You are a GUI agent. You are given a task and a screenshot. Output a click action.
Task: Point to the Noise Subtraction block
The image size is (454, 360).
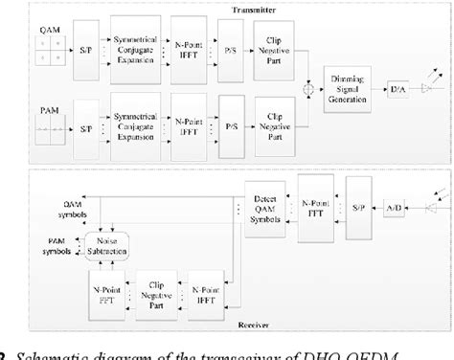tap(107, 250)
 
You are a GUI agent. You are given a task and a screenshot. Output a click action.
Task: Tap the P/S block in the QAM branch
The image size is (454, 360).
tap(231, 43)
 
